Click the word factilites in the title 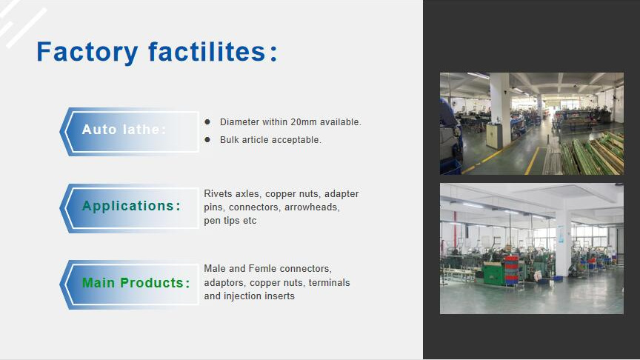tap(207, 52)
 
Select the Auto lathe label tap(124, 130)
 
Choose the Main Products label tap(136, 283)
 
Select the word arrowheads tap(312, 207)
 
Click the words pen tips tap(221, 221)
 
